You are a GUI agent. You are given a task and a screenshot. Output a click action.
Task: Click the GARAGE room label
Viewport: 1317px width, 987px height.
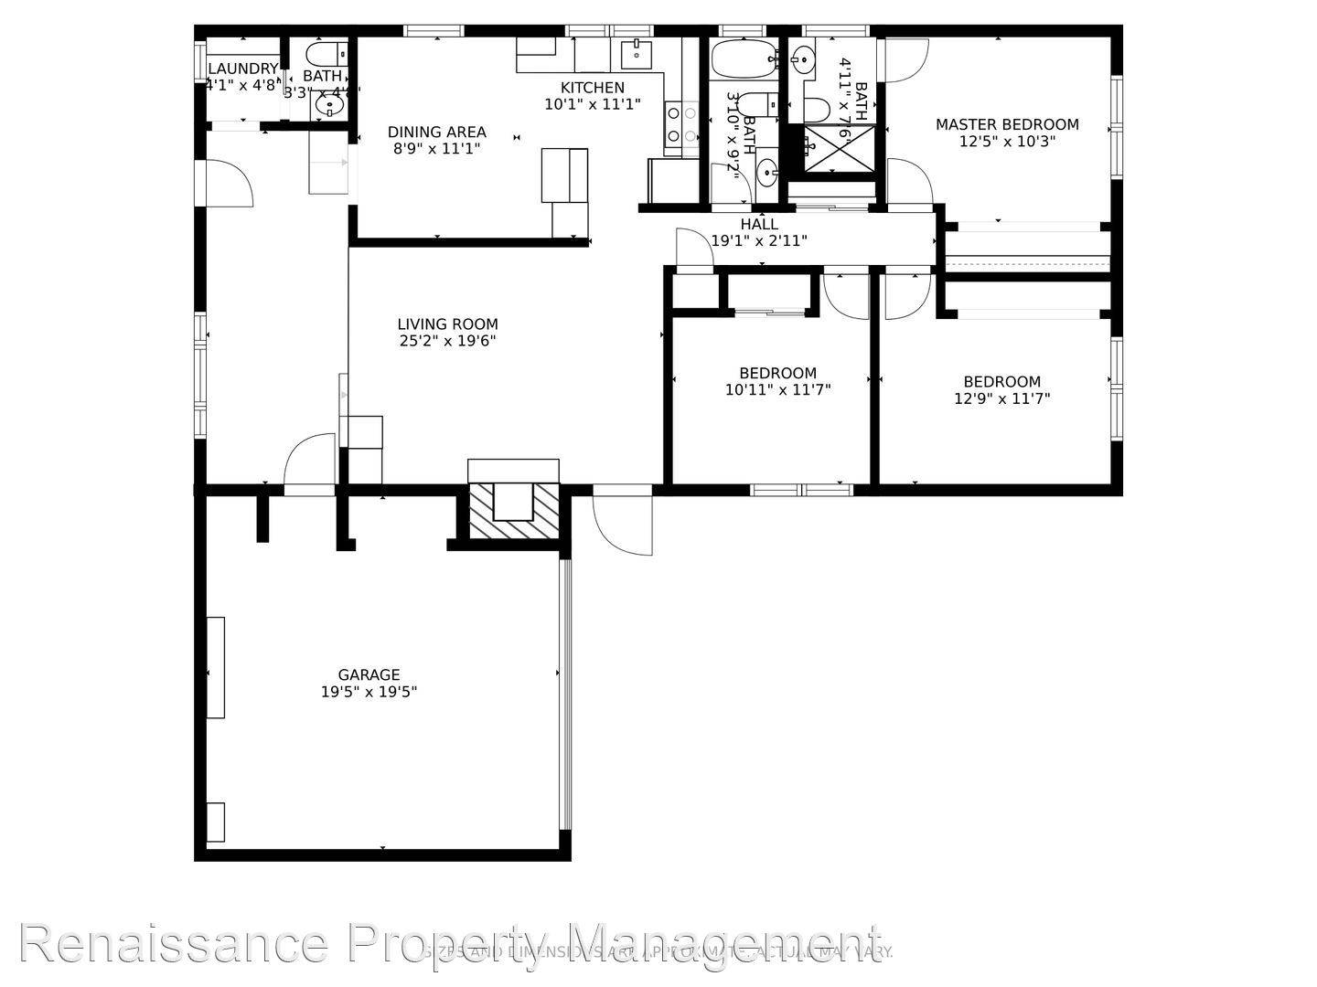pos(369,675)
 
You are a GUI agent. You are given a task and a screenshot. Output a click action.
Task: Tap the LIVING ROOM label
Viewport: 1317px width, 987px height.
pos(447,324)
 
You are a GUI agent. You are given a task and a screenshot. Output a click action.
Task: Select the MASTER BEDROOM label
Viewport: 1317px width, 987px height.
pos(1006,125)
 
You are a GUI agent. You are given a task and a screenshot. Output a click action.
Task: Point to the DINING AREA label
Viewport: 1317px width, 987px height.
pos(436,133)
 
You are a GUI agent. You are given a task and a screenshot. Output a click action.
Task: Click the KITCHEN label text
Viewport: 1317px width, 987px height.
pos(593,88)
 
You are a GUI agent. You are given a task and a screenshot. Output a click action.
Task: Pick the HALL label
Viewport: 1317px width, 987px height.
pos(759,225)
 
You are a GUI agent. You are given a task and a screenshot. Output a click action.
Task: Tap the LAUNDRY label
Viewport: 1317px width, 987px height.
pos(242,69)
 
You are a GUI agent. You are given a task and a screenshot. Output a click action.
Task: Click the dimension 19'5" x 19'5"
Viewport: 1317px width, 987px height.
pos(369,693)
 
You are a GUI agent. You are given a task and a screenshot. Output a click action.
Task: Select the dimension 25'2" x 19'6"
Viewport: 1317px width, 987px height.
pos(447,342)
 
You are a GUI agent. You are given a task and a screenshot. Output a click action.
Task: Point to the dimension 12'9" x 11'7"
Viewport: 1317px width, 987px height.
pos(1001,398)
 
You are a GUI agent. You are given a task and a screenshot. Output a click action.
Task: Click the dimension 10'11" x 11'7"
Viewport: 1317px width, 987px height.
pos(777,390)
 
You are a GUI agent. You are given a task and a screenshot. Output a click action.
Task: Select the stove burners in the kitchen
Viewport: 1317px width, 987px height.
pos(680,124)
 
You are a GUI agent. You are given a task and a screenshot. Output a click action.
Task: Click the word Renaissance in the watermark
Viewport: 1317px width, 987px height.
pos(174,943)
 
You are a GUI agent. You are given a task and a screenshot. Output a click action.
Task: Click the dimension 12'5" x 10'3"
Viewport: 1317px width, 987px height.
pos(1006,143)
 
